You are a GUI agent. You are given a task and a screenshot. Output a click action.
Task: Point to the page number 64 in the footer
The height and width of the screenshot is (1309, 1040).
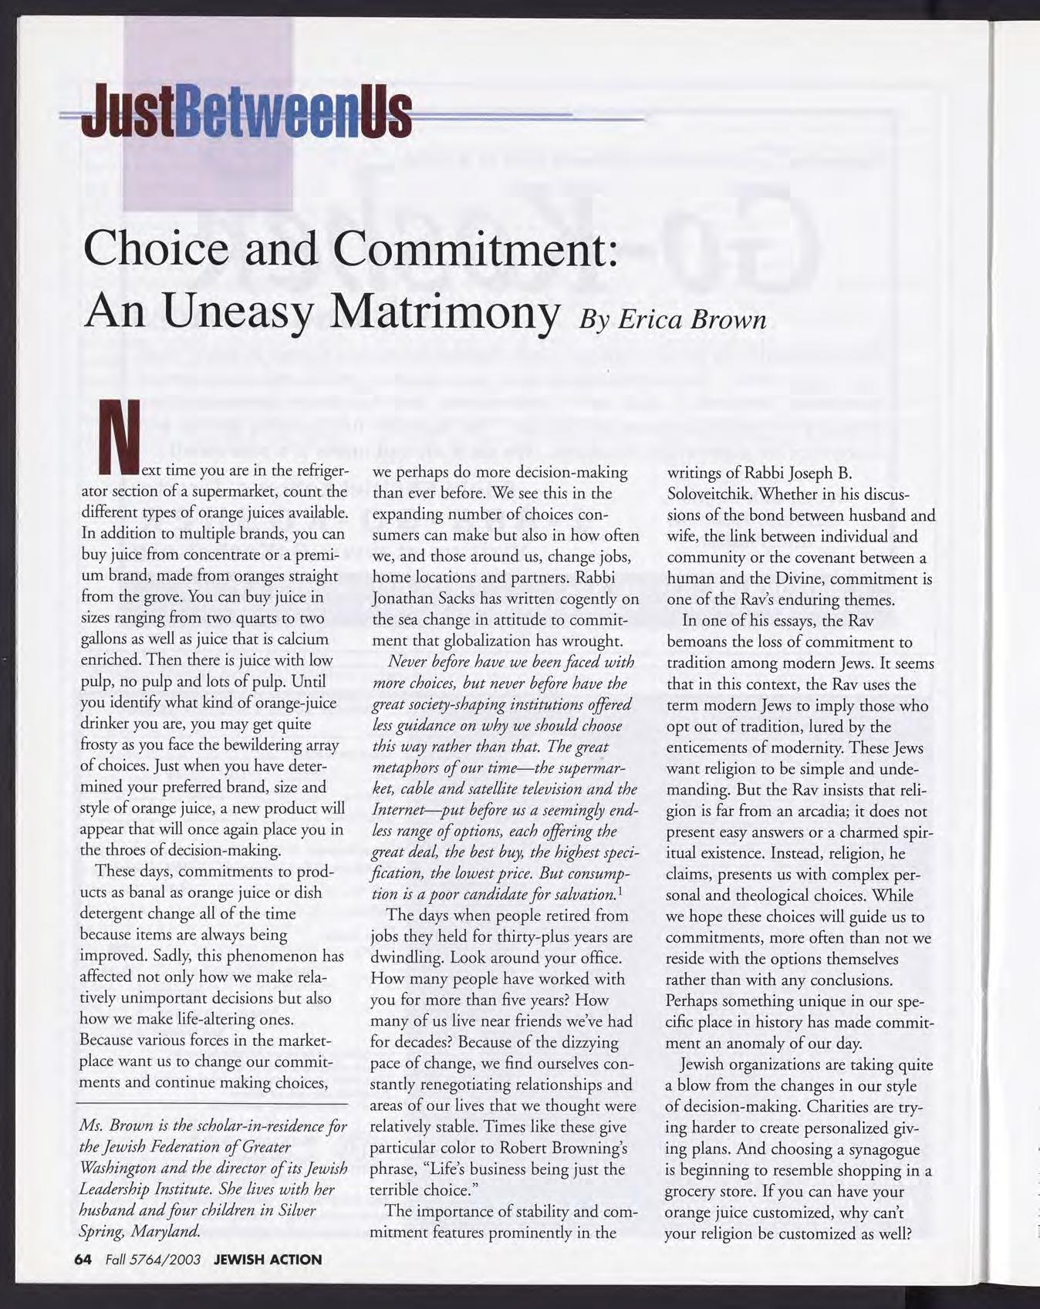pos(83,1260)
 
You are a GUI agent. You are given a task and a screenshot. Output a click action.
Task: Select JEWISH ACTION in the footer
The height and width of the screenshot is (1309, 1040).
pos(267,1260)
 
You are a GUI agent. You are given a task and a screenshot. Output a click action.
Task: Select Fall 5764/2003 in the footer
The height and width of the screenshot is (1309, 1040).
pos(150,1260)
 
